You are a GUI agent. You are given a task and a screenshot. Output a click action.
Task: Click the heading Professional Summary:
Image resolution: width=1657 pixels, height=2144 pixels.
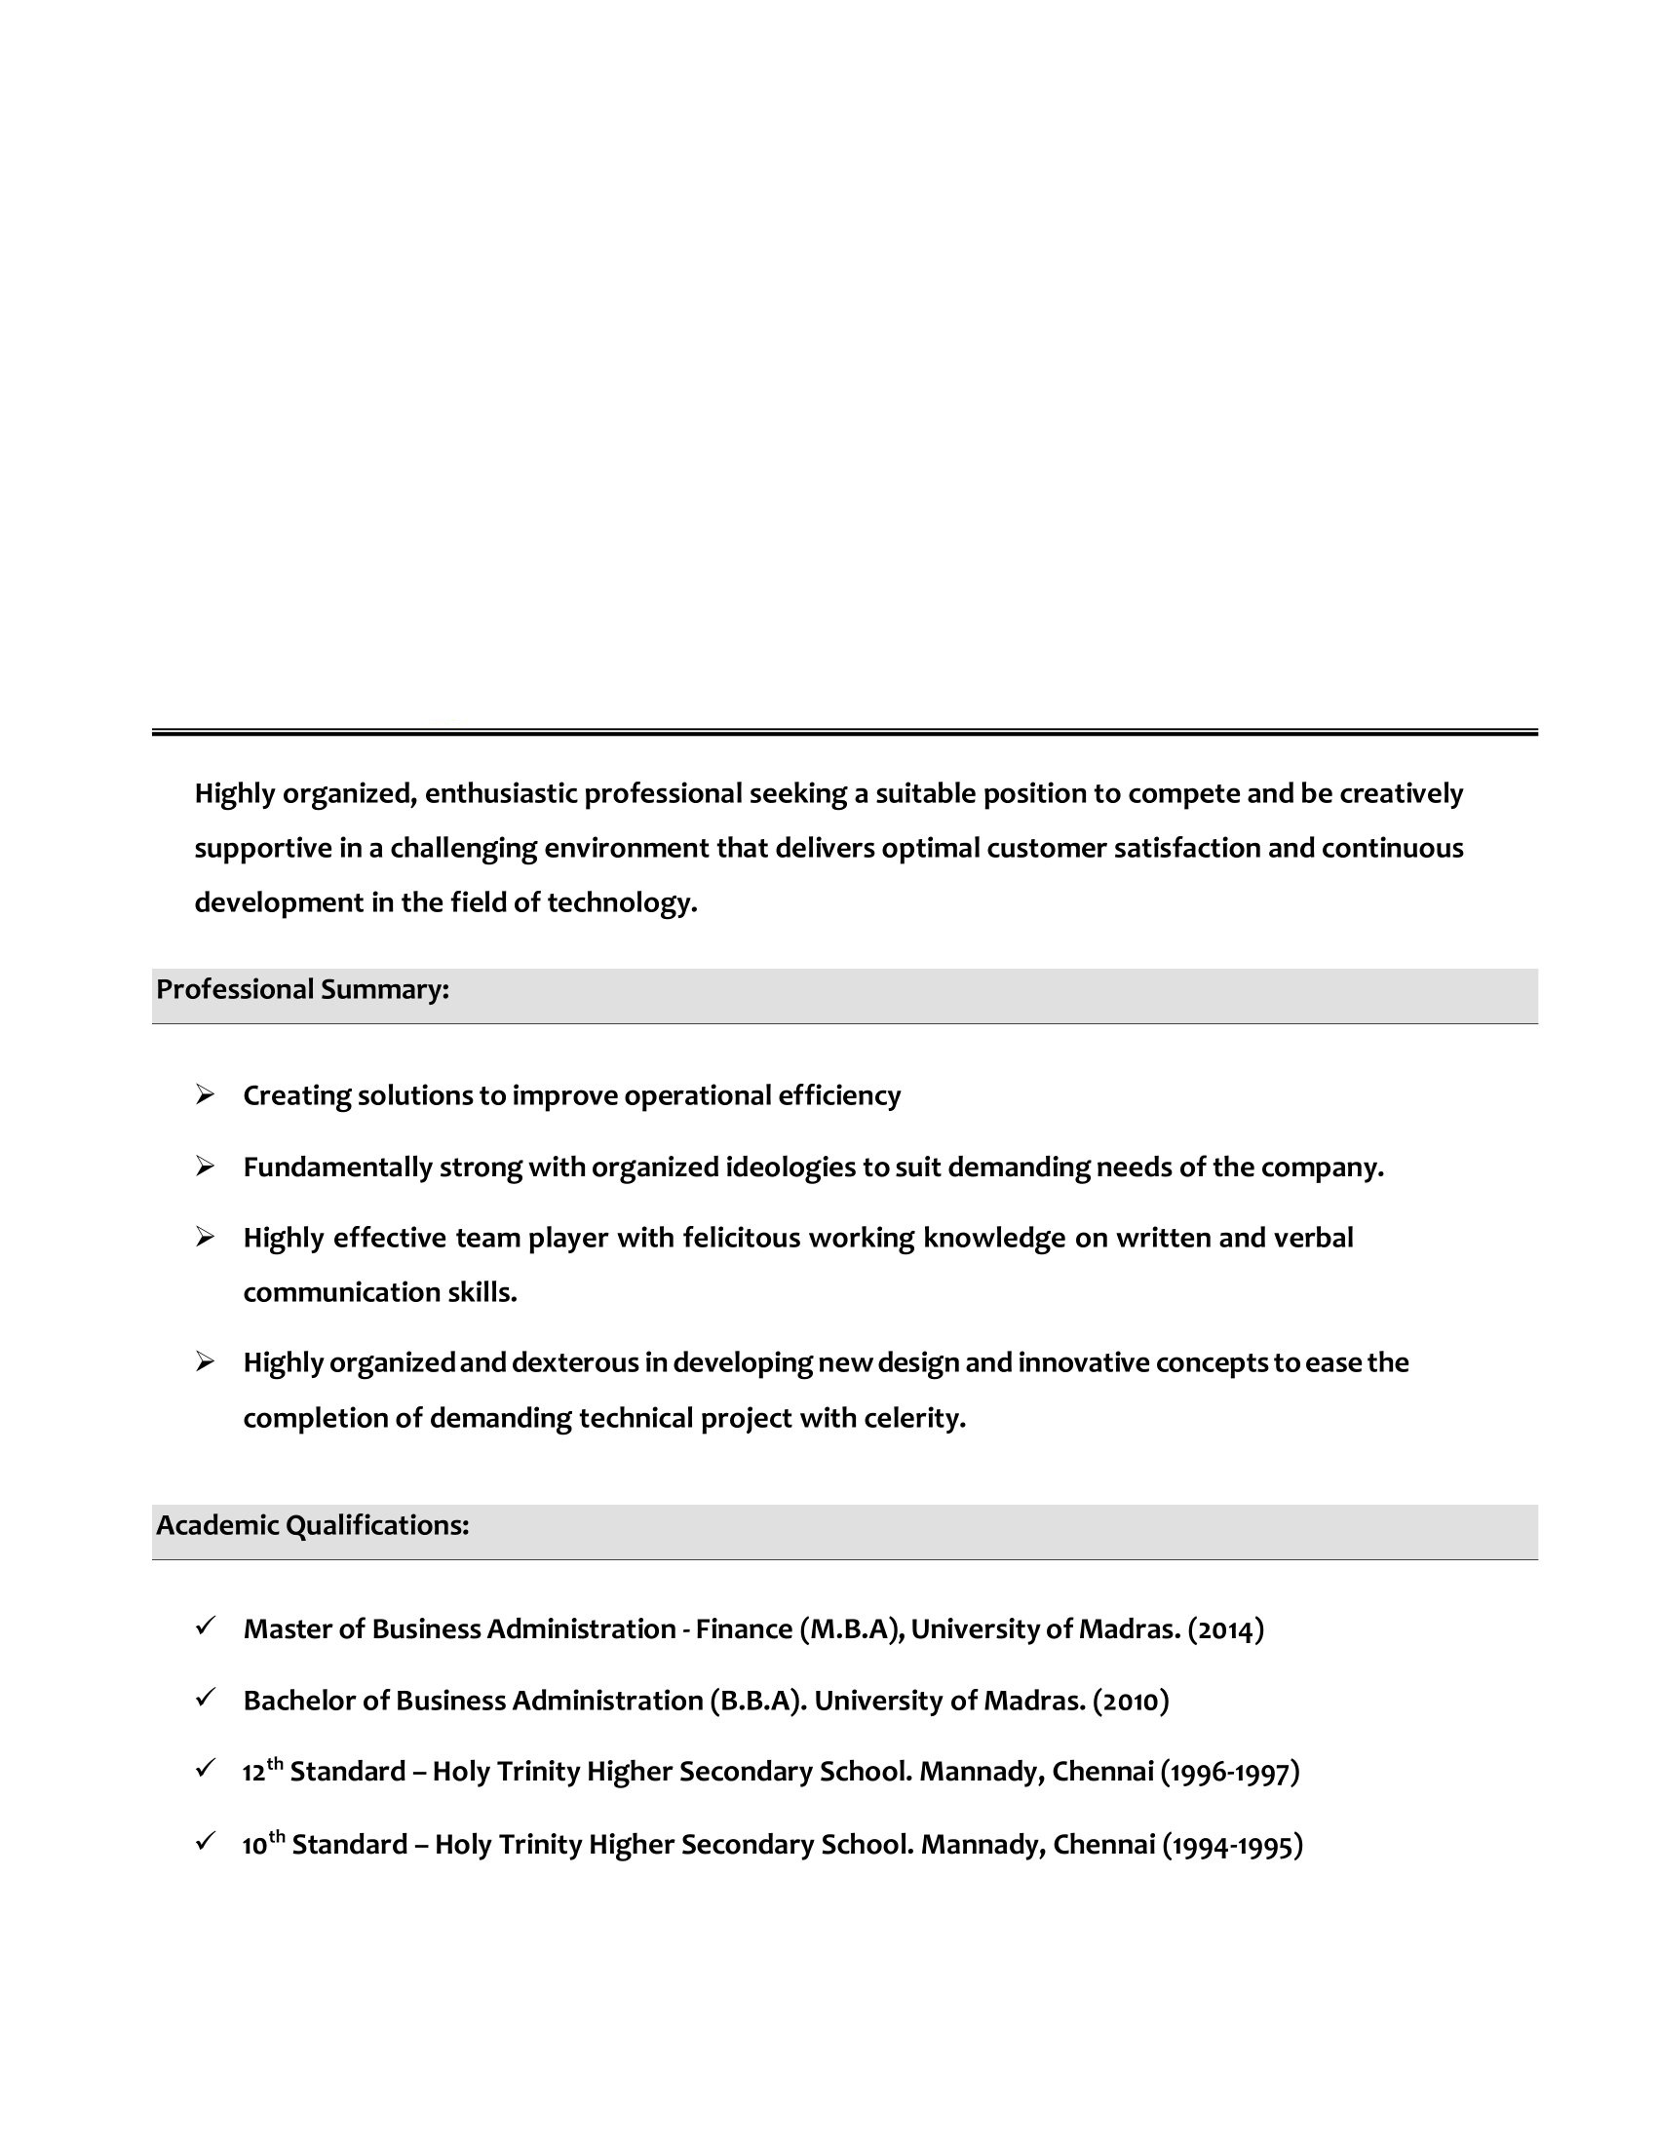(302, 989)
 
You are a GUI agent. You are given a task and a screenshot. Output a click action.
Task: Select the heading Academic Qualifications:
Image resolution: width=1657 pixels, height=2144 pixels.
(312, 1525)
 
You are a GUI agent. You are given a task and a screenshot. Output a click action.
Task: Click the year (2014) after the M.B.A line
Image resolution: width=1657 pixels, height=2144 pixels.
(1225, 1629)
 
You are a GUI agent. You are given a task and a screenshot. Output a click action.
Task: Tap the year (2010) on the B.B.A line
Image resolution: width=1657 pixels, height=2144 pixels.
(1130, 1702)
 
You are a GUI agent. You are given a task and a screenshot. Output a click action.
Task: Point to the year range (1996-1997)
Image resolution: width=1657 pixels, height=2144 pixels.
(1229, 1772)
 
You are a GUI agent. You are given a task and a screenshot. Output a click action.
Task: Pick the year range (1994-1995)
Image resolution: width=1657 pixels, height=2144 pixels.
(1232, 1846)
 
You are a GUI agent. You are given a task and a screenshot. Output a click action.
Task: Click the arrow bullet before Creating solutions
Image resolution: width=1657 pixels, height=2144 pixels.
(204, 1094)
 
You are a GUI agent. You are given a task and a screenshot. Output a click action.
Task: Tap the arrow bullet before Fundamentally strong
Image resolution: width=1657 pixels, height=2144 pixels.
(204, 1167)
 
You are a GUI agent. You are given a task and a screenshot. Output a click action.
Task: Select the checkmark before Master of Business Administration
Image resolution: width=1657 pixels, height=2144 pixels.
(204, 1627)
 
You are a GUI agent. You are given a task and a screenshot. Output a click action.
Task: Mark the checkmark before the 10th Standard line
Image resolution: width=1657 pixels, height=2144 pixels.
(204, 1842)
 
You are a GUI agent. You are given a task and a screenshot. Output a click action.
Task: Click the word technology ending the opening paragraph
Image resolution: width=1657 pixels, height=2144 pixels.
(622, 903)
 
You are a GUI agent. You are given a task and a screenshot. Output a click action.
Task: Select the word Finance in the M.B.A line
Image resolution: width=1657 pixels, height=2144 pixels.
(743, 1629)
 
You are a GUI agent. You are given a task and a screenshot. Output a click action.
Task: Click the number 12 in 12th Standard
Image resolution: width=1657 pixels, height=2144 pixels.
(253, 1773)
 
